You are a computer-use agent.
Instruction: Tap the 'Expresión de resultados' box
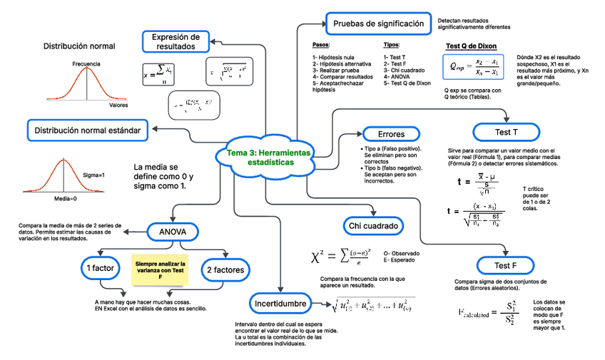[x=176, y=41]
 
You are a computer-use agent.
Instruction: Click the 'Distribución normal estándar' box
[x=91, y=130]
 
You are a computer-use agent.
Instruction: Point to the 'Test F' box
[x=505, y=266]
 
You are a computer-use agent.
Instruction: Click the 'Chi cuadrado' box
[x=372, y=226]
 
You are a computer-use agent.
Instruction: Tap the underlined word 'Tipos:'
[x=392, y=44]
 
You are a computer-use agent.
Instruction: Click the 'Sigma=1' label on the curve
[x=94, y=175]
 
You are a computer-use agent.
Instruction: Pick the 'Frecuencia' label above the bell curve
[x=86, y=64]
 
